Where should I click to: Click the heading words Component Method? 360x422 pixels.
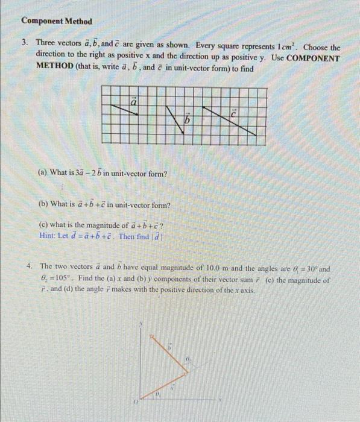coord(57,21)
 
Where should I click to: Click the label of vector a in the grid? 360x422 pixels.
coord(136,103)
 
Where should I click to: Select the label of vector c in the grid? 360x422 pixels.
coord(234,113)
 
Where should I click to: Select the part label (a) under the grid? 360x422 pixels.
coord(43,174)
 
